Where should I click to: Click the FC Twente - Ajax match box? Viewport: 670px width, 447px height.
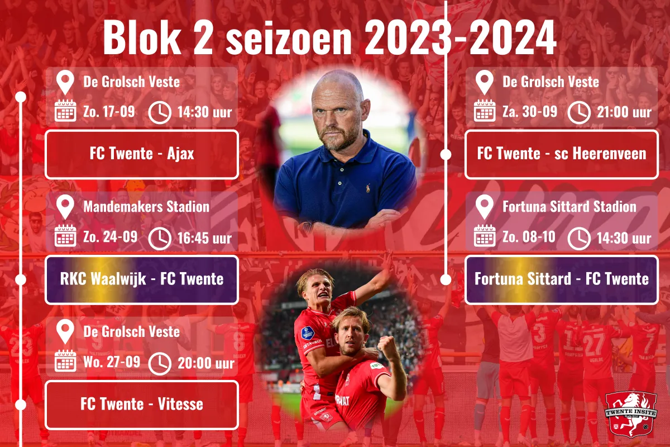click(142, 154)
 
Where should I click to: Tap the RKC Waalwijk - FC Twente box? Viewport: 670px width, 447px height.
click(142, 279)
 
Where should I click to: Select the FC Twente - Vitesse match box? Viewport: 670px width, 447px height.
click(142, 405)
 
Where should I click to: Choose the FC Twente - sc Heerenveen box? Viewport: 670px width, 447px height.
click(561, 154)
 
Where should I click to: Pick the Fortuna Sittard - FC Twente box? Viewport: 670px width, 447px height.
click(561, 279)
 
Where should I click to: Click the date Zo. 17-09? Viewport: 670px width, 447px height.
click(109, 112)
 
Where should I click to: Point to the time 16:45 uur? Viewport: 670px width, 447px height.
click(204, 238)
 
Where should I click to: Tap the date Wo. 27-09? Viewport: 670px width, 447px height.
click(112, 362)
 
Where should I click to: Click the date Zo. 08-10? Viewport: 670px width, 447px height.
click(529, 237)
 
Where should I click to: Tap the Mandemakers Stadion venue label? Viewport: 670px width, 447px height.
click(146, 207)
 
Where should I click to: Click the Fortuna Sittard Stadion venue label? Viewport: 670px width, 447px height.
click(569, 207)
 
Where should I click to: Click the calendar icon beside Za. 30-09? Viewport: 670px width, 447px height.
click(485, 111)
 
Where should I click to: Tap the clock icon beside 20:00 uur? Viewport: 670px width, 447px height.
click(160, 363)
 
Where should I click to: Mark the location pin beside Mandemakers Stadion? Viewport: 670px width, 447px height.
click(65, 207)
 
